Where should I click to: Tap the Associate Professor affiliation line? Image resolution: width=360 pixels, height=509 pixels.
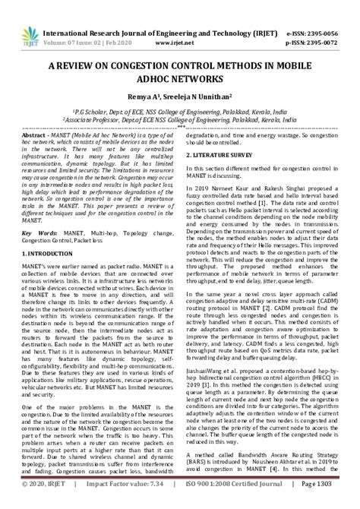(180, 120)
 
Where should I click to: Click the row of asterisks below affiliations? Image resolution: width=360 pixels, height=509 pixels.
(180, 128)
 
